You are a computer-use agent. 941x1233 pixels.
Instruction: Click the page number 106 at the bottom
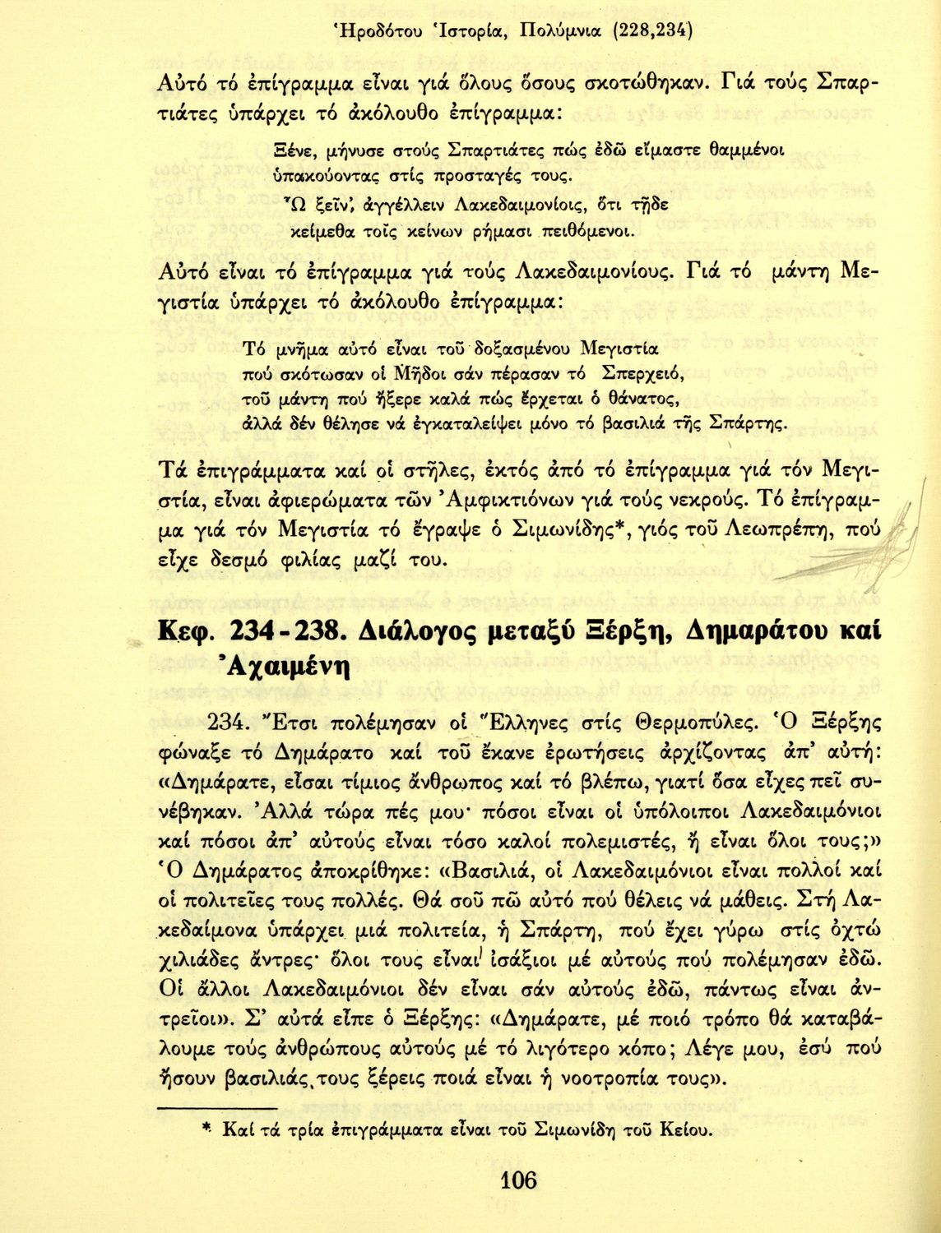tap(517, 1181)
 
